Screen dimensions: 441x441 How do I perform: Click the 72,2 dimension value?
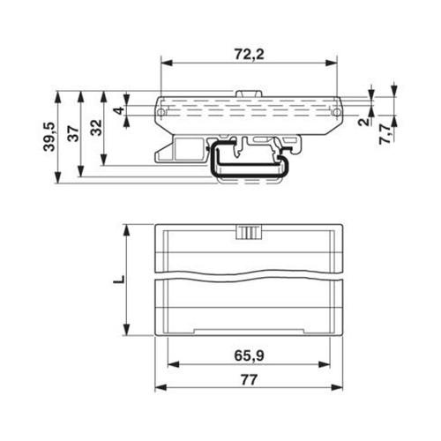click(x=250, y=53)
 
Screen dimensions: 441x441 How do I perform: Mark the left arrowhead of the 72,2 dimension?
click(x=164, y=64)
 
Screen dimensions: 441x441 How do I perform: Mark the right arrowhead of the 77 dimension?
click(x=340, y=390)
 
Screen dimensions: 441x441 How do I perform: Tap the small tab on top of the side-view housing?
click(x=250, y=93)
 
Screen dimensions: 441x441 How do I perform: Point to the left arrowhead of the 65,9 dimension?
click(x=170, y=364)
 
